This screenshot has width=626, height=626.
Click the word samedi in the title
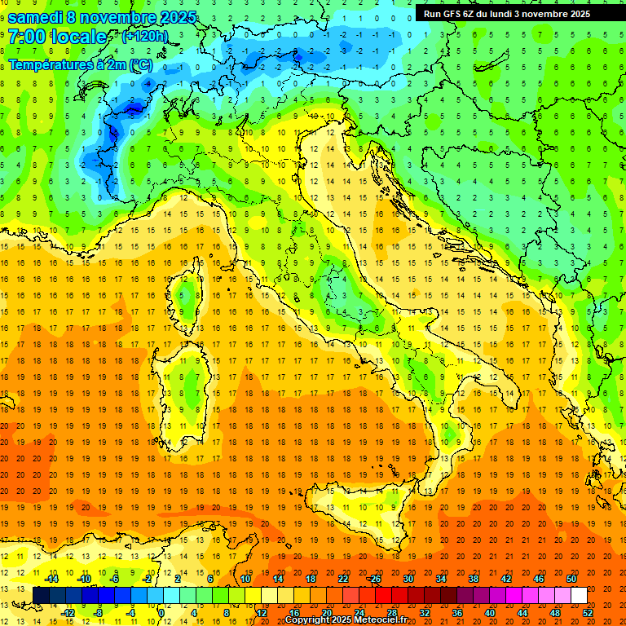[35, 16]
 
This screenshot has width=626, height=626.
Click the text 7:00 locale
[57, 37]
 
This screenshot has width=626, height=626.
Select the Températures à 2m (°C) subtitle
[80, 63]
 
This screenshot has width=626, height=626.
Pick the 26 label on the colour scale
[375, 579]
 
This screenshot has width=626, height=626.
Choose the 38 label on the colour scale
[473, 579]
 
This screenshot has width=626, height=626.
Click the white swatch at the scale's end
[579, 595]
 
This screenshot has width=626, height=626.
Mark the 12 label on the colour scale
[261, 613]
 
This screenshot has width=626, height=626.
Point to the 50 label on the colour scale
[571, 579]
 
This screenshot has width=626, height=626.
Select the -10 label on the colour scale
[83, 579]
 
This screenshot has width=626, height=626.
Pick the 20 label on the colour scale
[326, 613]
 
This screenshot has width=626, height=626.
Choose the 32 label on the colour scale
[424, 613]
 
